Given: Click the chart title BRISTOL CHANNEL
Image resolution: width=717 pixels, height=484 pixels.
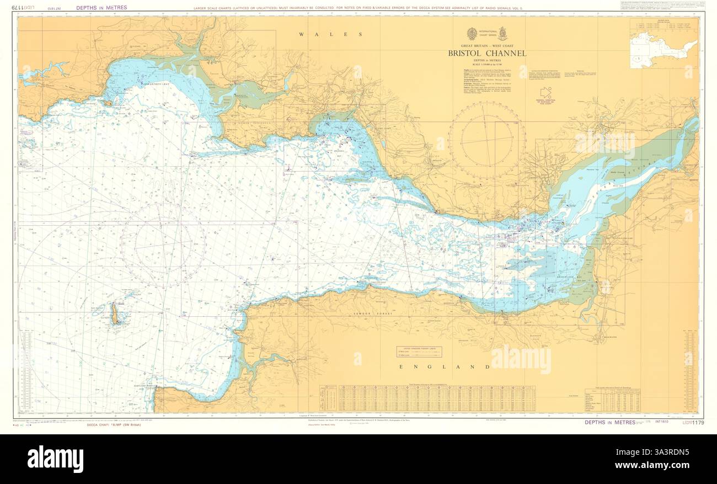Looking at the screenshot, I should click(487, 54).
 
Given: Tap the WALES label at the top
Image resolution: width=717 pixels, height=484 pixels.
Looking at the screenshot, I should click(331, 34).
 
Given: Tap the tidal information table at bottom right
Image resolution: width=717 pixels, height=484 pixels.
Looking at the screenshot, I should click(612, 400).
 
